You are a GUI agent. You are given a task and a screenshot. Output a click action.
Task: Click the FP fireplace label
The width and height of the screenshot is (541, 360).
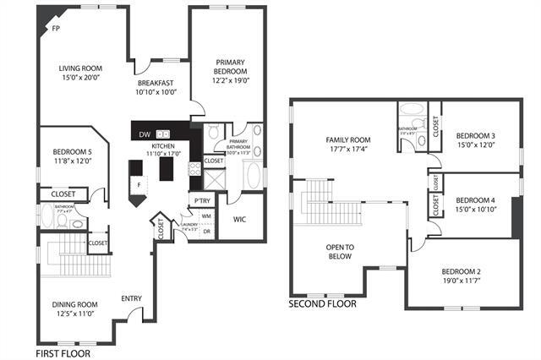click(56, 29)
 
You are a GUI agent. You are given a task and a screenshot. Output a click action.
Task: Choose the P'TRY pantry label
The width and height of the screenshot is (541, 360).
click(201, 200)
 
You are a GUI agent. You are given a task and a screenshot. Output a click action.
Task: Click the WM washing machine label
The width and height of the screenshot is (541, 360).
click(205, 217)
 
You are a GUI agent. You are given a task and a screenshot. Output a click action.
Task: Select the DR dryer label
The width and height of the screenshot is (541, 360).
click(206, 232)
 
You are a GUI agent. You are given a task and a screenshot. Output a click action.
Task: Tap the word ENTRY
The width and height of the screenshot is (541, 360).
click(131, 297)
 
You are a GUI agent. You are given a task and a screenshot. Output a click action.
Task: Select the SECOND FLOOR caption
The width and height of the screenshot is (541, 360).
click(323, 303)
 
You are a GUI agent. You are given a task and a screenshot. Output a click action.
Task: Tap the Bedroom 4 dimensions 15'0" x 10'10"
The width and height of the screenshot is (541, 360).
click(475, 208)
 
